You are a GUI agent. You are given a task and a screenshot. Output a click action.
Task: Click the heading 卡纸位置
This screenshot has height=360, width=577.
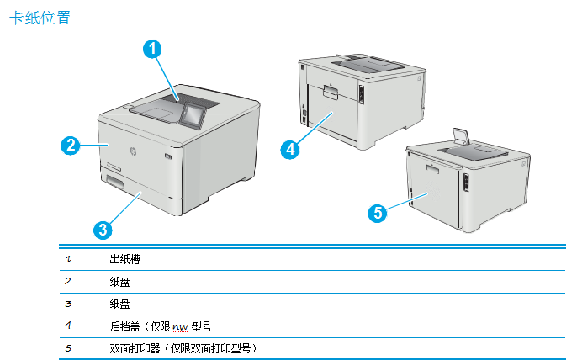(40, 17)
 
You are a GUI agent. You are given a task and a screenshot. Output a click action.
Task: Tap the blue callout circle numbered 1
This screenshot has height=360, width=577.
(151, 50)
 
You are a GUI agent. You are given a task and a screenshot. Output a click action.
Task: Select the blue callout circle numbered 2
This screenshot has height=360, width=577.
(71, 145)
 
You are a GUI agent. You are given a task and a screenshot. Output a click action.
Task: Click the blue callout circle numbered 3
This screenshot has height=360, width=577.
(102, 228)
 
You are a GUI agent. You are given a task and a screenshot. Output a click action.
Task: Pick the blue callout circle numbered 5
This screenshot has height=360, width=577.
(378, 213)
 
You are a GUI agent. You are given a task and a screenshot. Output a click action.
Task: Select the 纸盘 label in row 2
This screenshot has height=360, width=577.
(119, 280)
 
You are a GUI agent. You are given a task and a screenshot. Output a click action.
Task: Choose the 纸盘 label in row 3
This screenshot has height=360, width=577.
(119, 302)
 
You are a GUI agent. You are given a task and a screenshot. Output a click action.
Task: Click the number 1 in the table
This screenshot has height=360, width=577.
(68, 258)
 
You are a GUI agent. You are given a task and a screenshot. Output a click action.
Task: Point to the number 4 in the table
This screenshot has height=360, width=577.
(68, 325)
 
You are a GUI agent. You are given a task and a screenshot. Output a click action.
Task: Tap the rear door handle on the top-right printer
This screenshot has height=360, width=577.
(329, 87)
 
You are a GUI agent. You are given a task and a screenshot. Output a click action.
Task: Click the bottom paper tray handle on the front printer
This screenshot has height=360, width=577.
(113, 182)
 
